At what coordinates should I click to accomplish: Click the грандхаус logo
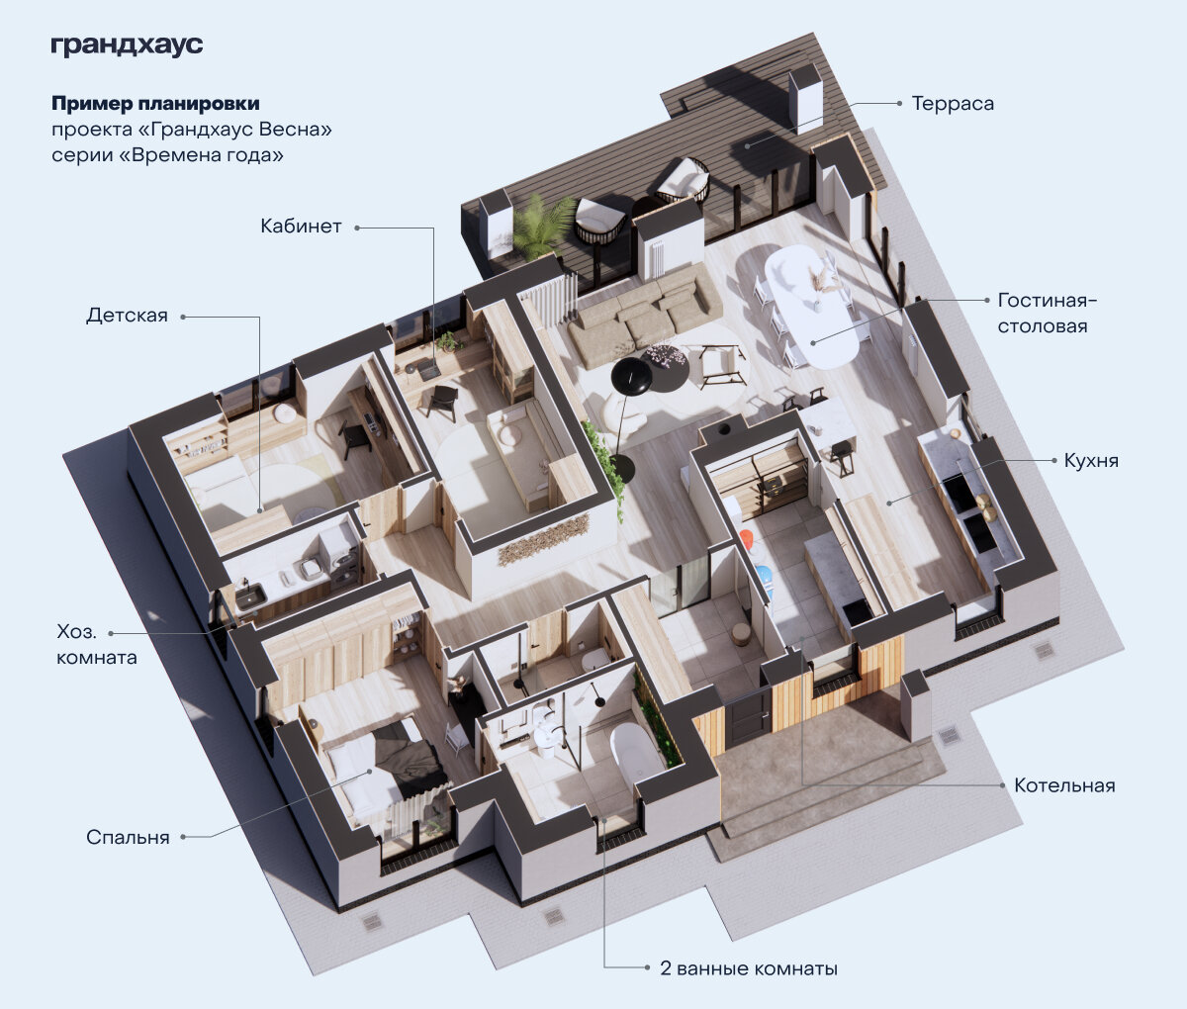[127, 46]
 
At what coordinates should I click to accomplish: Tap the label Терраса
[953, 104]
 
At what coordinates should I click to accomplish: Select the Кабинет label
[301, 227]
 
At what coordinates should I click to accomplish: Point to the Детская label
[127, 316]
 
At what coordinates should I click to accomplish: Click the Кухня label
[1091, 461]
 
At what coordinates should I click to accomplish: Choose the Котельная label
[1064, 785]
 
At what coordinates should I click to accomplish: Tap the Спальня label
[128, 837]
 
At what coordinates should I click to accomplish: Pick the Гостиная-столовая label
[1048, 313]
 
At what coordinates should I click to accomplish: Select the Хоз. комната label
[97, 644]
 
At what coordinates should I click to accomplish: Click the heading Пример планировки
[155, 103]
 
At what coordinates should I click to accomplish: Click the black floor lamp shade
[631, 376]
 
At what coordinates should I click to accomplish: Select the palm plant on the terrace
[540, 227]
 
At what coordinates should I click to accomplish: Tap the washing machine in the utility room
[340, 552]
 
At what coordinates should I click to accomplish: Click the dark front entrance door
[748, 718]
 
